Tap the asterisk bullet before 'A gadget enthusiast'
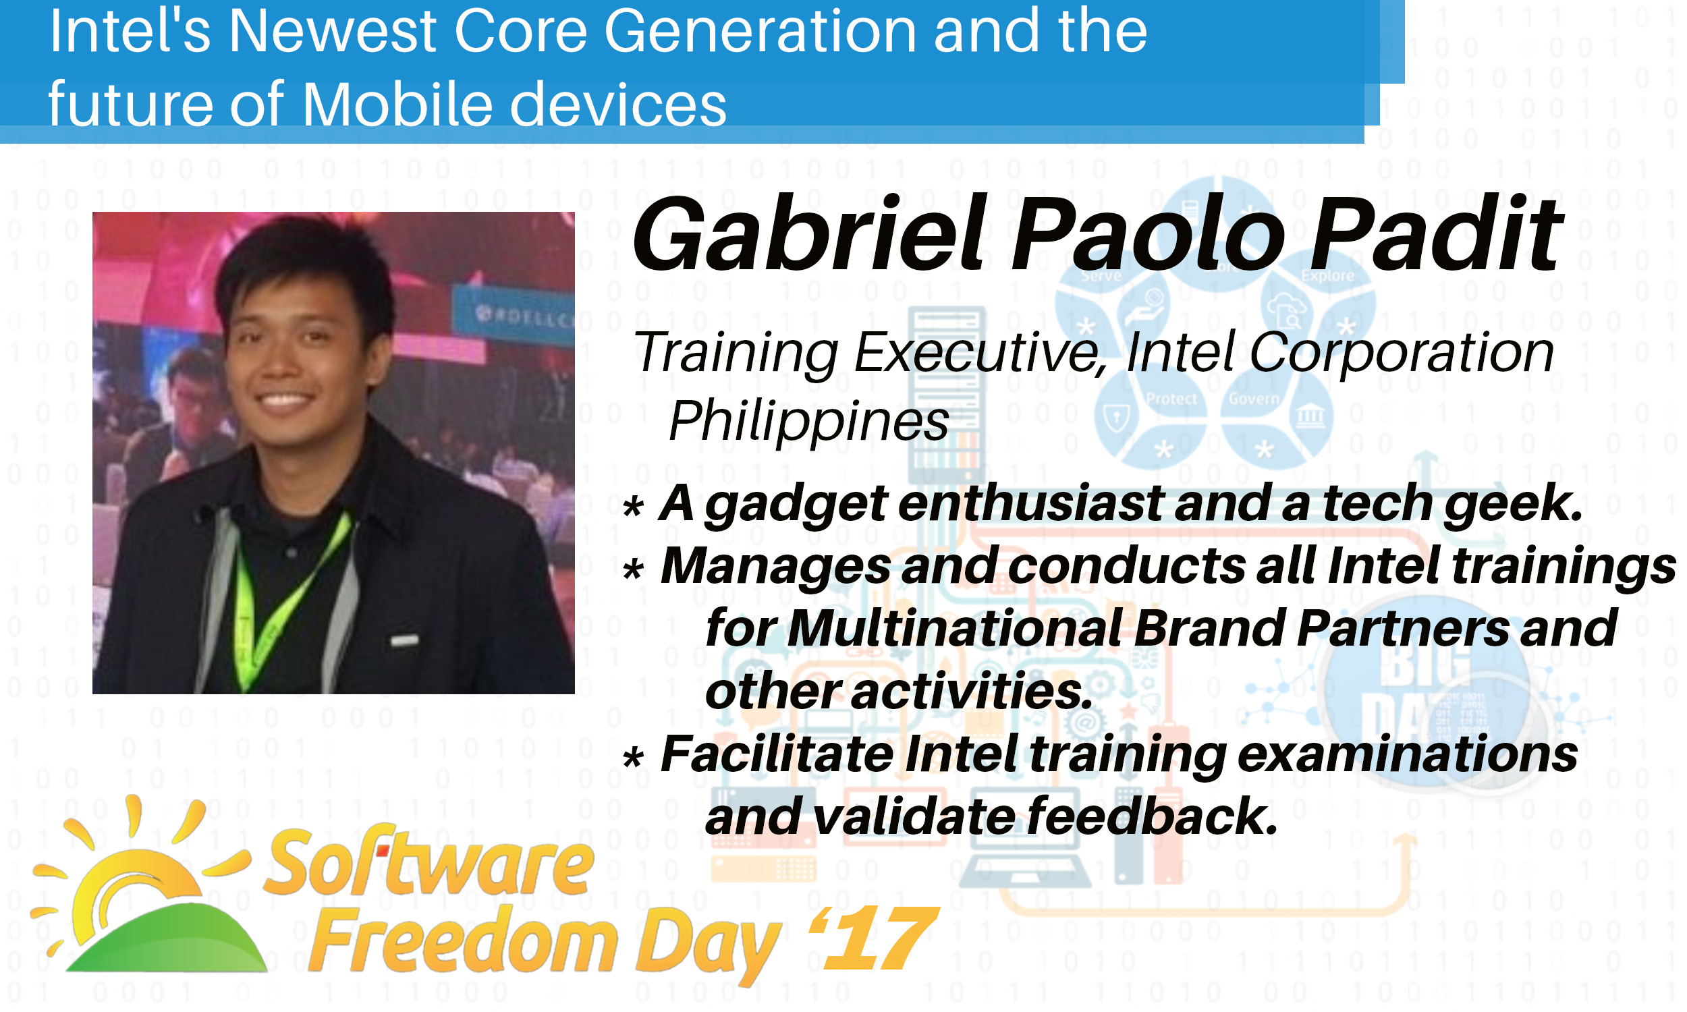coord(634,507)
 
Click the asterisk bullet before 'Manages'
coord(634,570)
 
